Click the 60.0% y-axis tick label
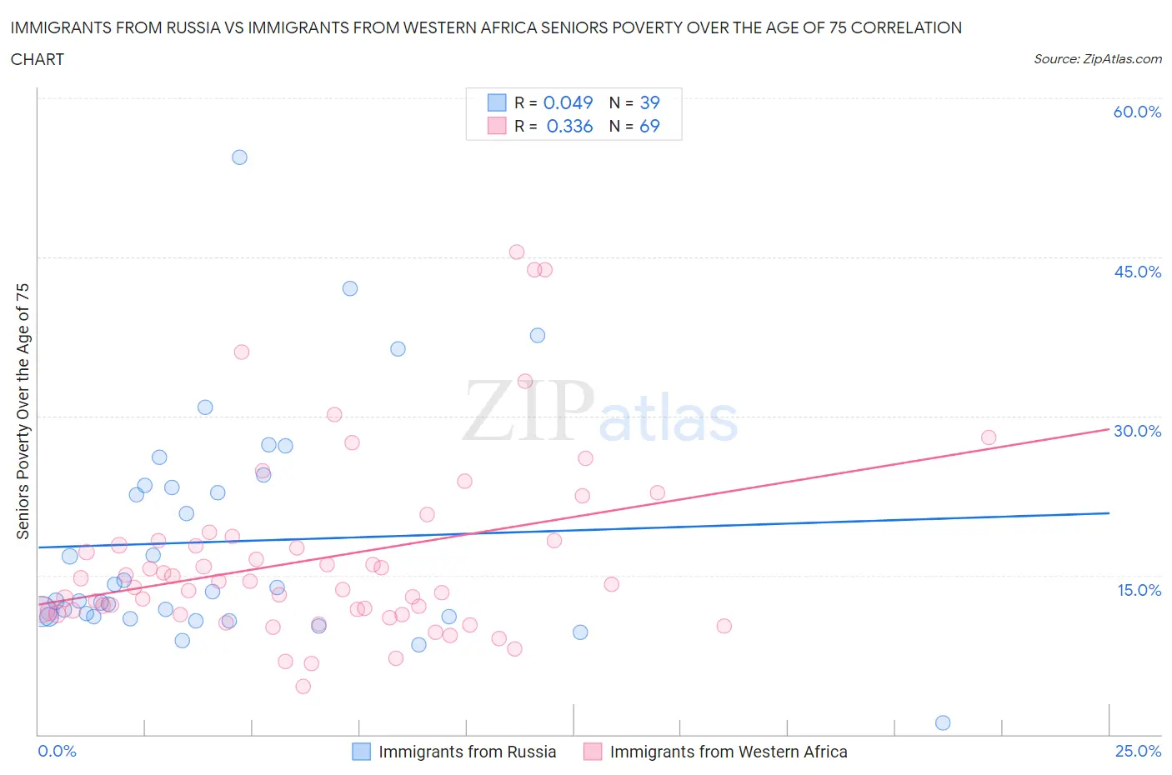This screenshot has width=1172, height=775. (1137, 112)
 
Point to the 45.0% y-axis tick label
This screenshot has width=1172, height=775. (1137, 272)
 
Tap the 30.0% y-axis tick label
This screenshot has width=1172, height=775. (1137, 431)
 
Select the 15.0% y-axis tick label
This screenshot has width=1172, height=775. (1137, 590)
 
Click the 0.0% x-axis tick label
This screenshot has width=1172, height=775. (57, 751)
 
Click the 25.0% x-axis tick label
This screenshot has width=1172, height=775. (1138, 751)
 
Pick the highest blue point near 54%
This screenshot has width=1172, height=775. (239, 157)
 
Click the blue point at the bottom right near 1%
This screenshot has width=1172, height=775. (943, 722)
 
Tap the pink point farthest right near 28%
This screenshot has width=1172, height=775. (989, 437)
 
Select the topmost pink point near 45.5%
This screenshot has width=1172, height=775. (517, 252)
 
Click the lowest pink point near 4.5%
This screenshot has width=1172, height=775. (303, 687)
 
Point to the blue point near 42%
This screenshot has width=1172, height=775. (350, 288)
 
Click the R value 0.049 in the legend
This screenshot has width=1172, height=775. (568, 102)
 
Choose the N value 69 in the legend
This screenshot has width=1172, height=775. (649, 126)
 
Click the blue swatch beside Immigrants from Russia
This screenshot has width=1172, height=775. (361, 752)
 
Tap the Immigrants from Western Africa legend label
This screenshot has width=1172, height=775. (728, 752)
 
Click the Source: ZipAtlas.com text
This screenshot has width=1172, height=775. (1097, 59)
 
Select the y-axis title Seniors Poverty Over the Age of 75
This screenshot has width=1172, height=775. (23, 411)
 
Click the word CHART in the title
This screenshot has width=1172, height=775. (38, 59)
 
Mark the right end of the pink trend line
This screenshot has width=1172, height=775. (1109, 429)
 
